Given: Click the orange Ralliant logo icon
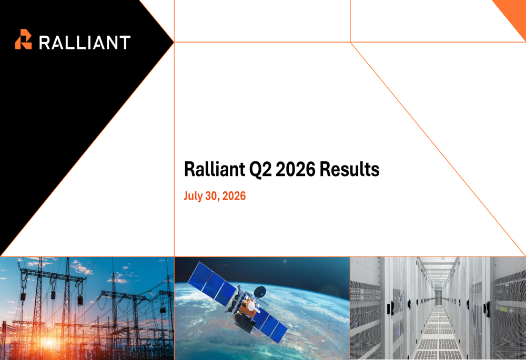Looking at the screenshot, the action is (x=24, y=39).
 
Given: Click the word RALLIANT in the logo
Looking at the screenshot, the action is (x=85, y=43).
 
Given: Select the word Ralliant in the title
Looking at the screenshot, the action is (x=215, y=169).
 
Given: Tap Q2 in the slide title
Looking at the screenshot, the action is (x=260, y=169).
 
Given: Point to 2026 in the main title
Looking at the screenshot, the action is (x=296, y=169).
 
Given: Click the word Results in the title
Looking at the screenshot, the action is (x=350, y=169).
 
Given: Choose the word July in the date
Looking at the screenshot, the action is (x=193, y=196).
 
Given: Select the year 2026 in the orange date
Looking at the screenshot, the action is (x=234, y=196).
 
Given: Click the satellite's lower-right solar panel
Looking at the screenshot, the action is (x=272, y=325).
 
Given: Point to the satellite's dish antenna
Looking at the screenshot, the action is (x=260, y=292).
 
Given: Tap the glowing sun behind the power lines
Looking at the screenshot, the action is (x=47, y=342).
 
